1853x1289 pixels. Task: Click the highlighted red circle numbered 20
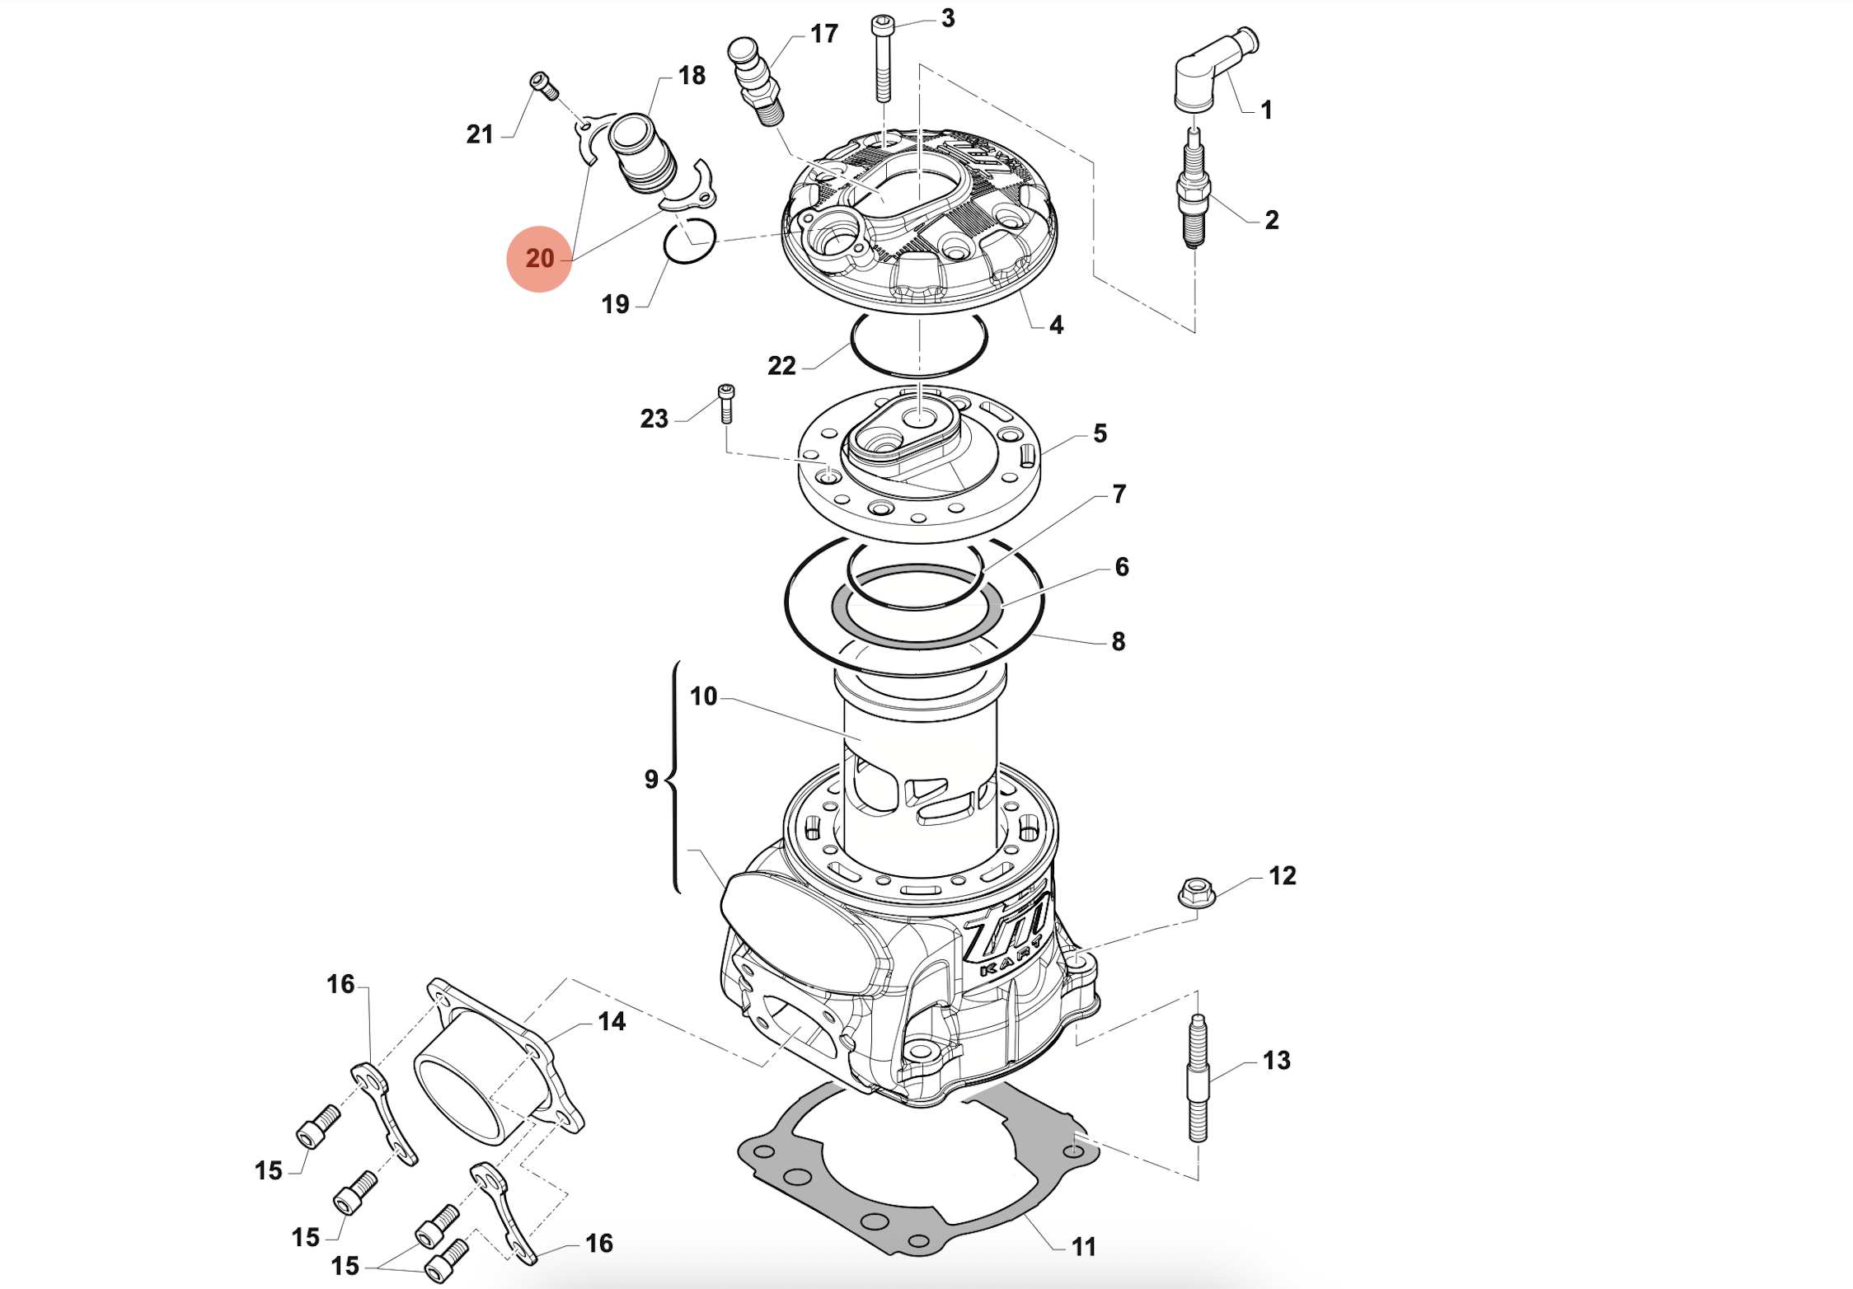tap(539, 259)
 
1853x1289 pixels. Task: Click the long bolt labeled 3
tap(883, 62)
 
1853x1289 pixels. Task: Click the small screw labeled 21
tap(544, 85)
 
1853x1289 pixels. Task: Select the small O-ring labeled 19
tap(690, 241)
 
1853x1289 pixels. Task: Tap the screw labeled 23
tap(726, 404)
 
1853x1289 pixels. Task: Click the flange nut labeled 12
tap(1197, 893)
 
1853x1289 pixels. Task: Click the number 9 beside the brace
tap(651, 779)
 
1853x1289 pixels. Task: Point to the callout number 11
tap(1083, 1246)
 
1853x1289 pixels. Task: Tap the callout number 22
tap(781, 366)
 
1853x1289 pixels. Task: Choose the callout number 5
tap(1100, 434)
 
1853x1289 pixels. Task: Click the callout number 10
tap(703, 696)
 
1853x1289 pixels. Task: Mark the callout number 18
tap(692, 76)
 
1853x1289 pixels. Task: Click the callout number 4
tap(1056, 326)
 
